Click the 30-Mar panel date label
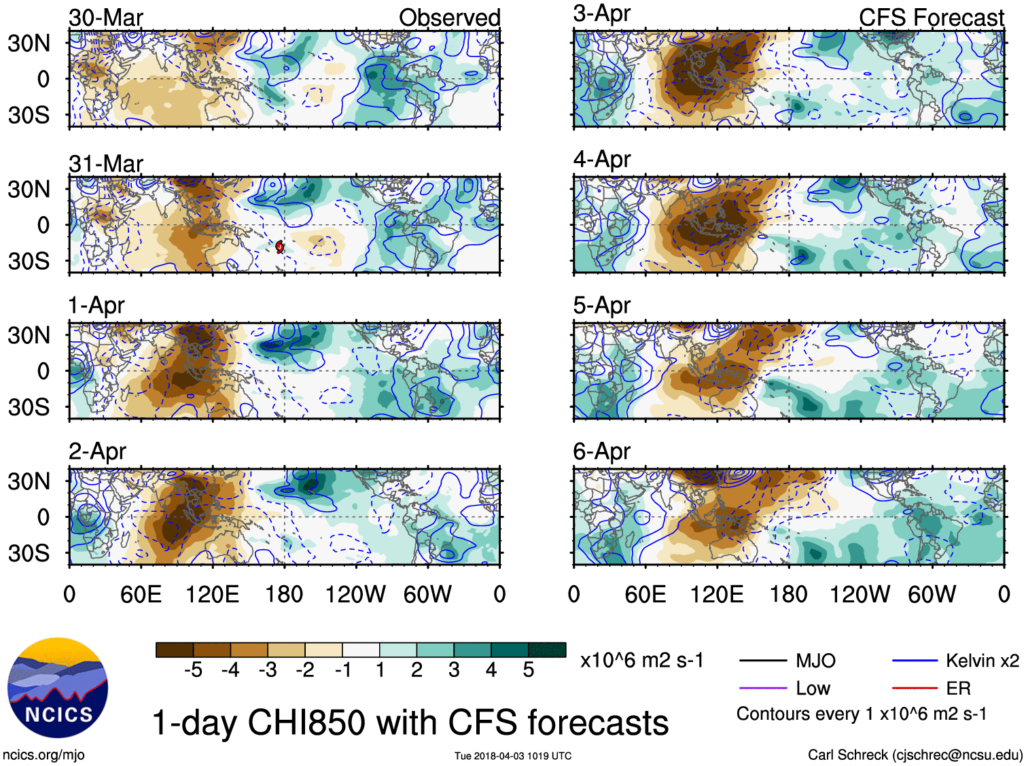point(105,18)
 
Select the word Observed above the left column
point(449,18)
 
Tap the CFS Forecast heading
point(931,18)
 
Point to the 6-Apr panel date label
point(601,451)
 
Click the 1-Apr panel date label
point(96,305)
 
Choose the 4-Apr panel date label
point(601,160)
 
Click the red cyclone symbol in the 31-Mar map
point(280,247)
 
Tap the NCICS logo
point(58,687)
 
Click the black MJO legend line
point(762,661)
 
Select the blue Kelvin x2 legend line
point(915,661)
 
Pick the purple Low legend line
point(762,689)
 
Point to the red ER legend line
point(915,689)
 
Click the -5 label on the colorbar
point(194,670)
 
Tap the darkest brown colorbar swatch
point(175,650)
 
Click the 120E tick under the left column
point(212,595)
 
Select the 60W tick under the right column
point(932,595)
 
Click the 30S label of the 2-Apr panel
point(29,553)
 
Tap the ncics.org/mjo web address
point(43,754)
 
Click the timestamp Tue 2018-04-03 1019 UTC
point(513,756)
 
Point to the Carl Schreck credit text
point(915,754)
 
